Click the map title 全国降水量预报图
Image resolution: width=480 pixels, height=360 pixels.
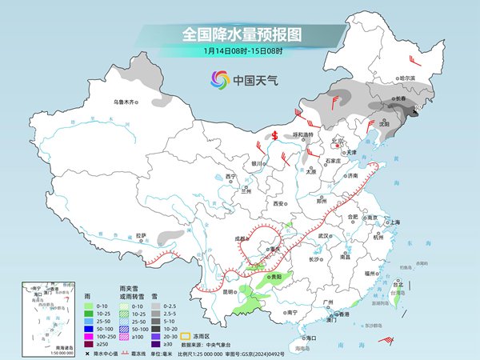tap(240, 35)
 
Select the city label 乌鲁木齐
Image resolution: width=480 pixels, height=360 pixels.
tap(125, 102)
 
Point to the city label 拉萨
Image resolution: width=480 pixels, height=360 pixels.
tap(141, 235)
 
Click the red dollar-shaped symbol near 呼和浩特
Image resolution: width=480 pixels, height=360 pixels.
tap(274, 135)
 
